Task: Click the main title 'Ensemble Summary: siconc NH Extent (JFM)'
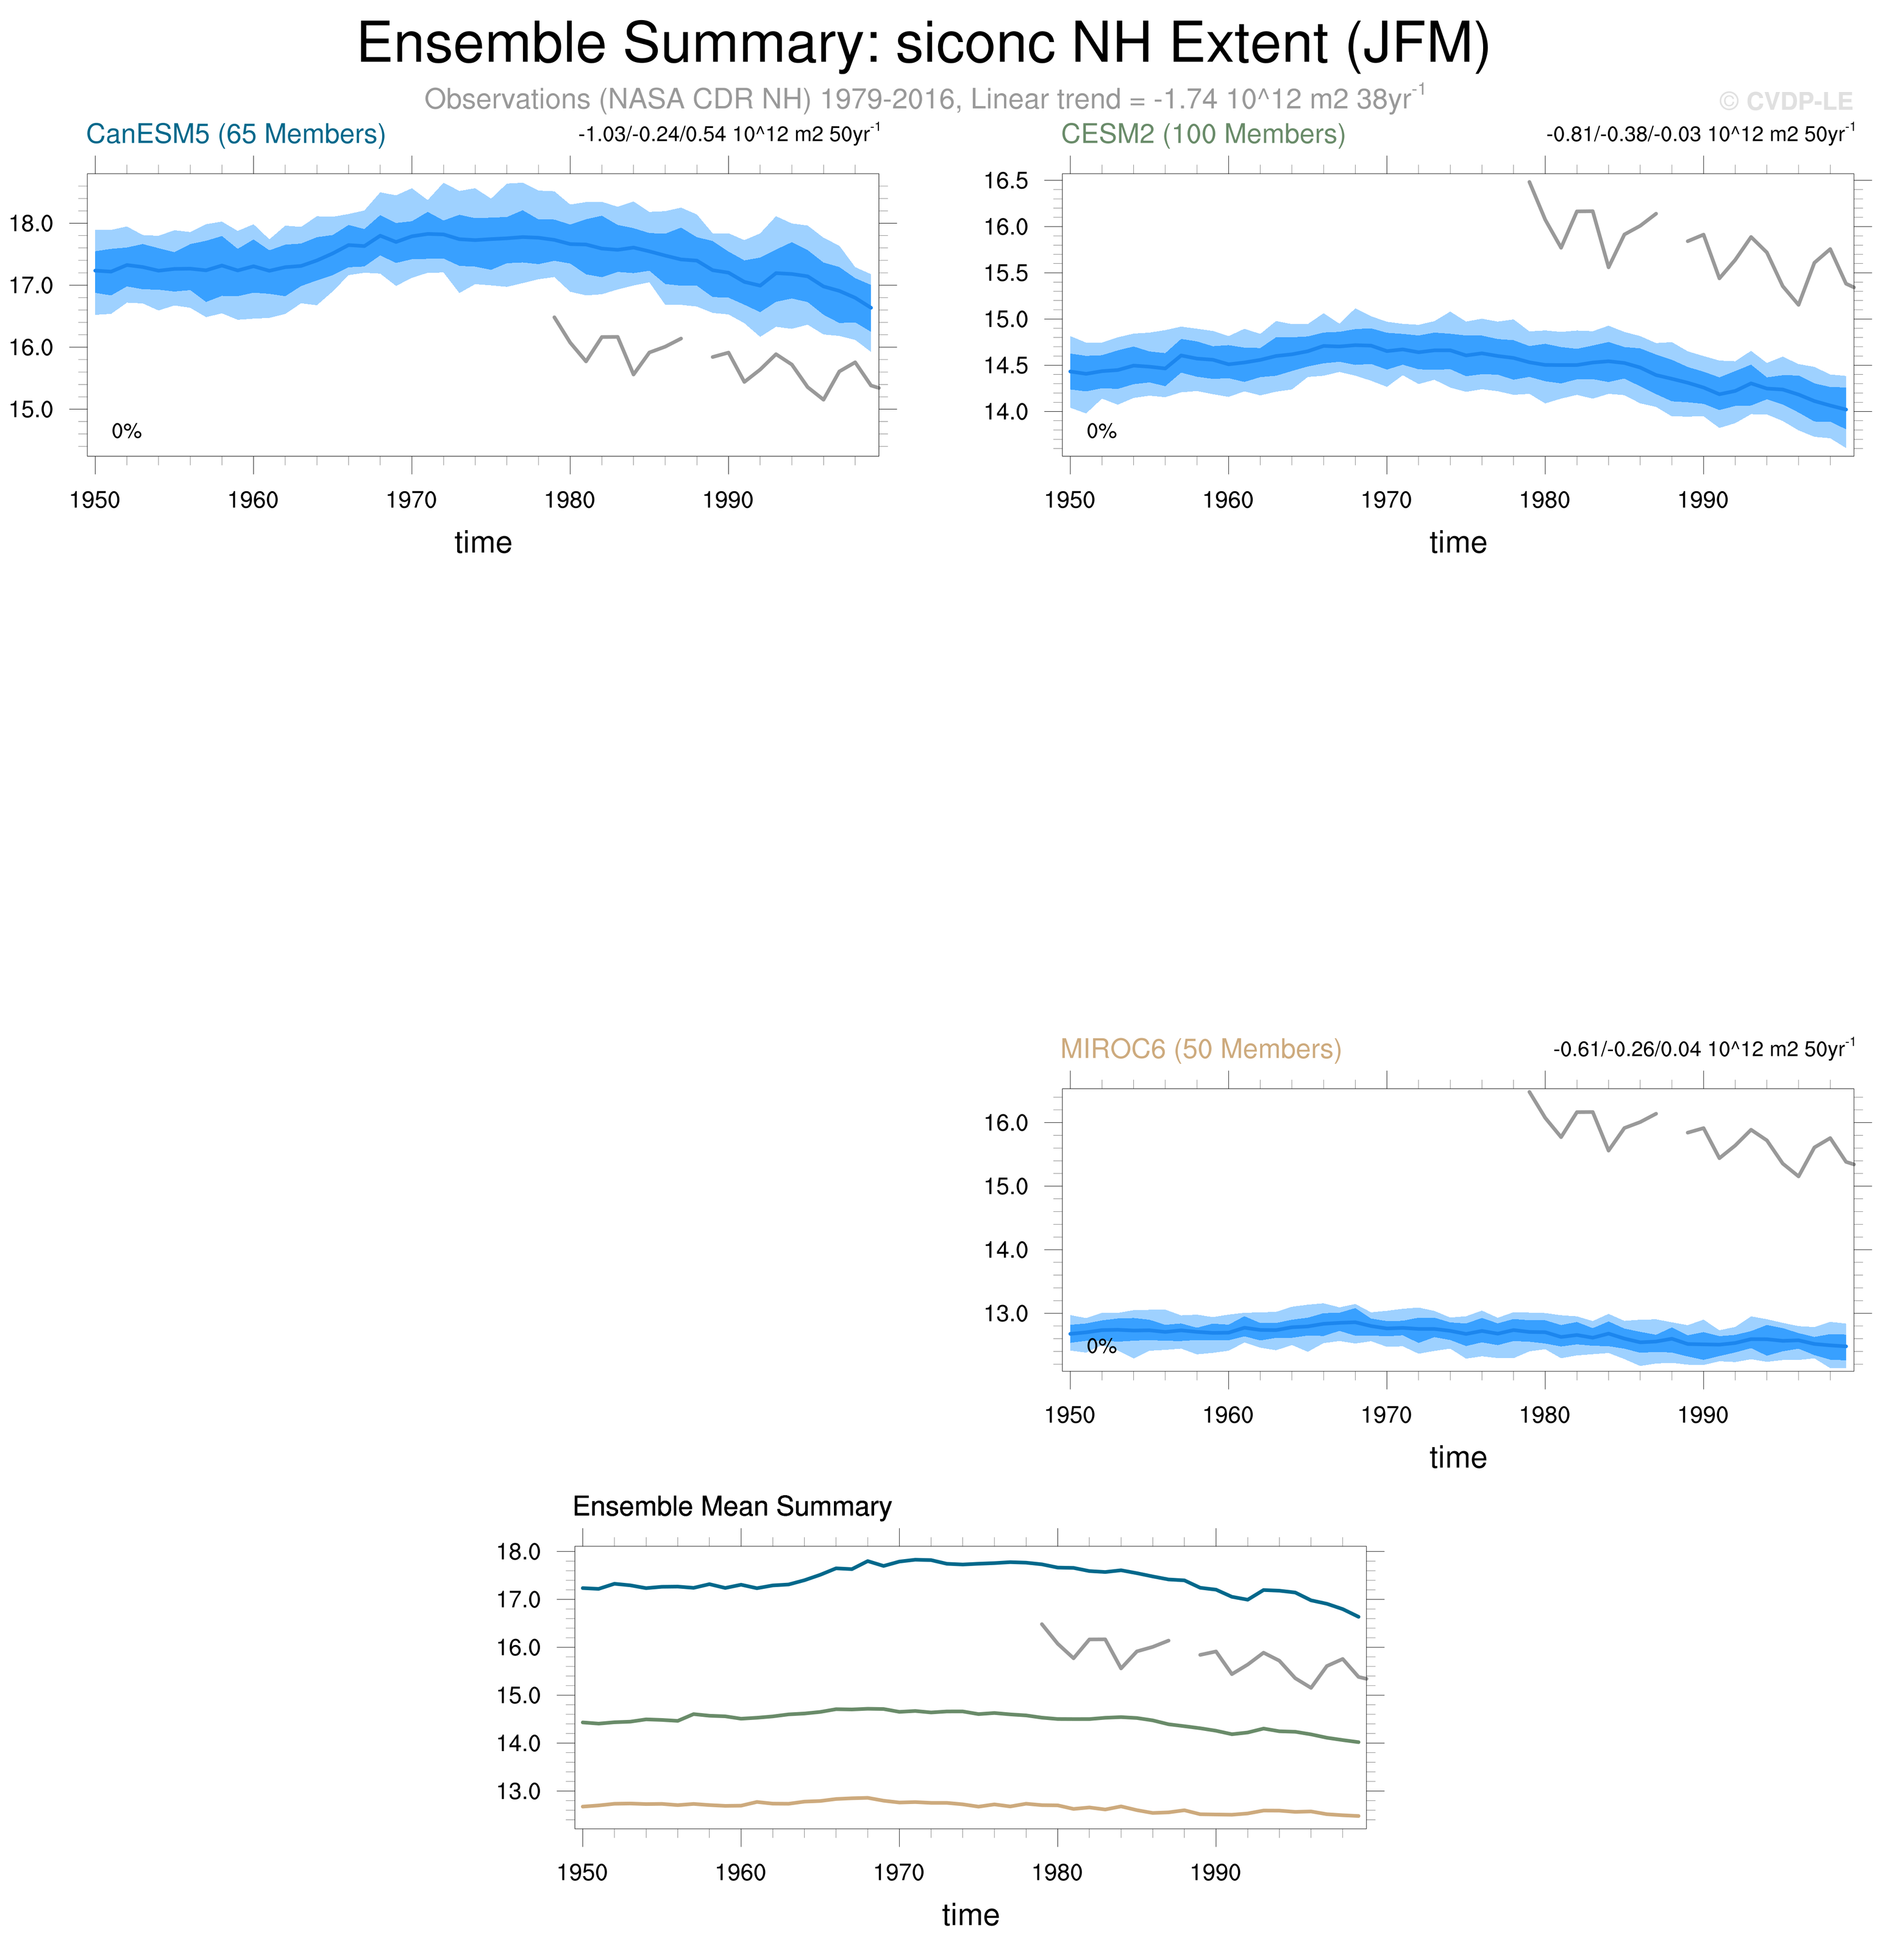click(x=923, y=44)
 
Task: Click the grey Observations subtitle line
click(x=923, y=99)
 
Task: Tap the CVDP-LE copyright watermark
click(x=1785, y=101)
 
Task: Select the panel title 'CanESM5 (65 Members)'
click(x=235, y=134)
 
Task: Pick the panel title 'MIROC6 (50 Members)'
click(x=1200, y=1049)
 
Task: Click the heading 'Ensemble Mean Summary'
click(x=732, y=1506)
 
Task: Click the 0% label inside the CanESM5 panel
click(x=126, y=431)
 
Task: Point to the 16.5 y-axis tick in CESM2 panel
click(x=1005, y=181)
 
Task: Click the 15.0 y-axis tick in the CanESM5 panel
click(x=31, y=409)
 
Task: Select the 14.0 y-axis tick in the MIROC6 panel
click(x=1005, y=1250)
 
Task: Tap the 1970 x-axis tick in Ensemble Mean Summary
click(x=898, y=1872)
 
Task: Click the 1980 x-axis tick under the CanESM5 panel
click(x=569, y=500)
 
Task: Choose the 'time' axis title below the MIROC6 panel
click(x=1457, y=1457)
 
